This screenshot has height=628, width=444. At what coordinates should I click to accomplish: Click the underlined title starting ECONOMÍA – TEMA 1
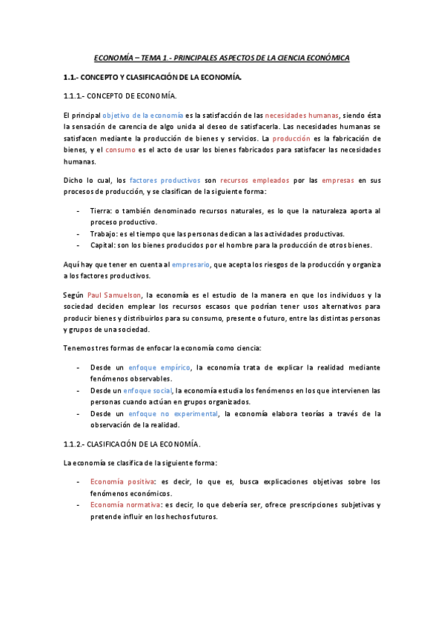pos(222,57)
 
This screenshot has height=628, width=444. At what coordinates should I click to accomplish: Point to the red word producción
pos(313,138)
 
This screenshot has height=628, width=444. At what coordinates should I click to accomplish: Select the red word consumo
pos(120,150)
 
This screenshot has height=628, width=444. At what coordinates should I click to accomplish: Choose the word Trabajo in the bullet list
pos(103,233)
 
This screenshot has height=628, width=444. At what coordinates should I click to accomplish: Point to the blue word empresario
pos(190,264)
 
